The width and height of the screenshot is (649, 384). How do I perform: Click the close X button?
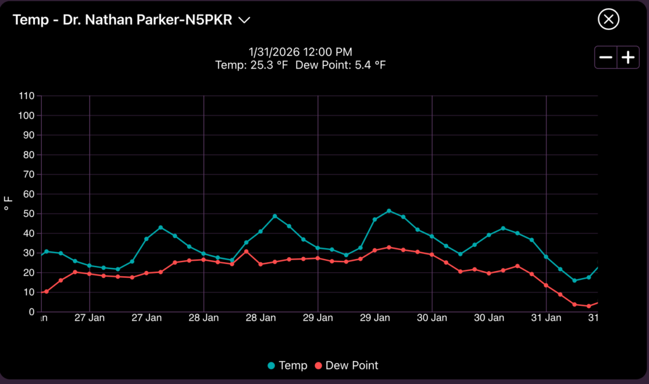pyautogui.click(x=608, y=20)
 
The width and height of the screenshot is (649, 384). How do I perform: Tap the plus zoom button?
pyautogui.click(x=628, y=58)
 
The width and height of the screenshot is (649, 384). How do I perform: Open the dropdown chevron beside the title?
pyautogui.click(x=245, y=20)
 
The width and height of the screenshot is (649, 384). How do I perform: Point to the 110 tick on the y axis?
pyautogui.click(x=25, y=96)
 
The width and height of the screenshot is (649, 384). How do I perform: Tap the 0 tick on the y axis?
pyautogui.click(x=30, y=312)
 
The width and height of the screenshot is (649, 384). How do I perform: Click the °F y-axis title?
pyautogui.click(x=8, y=204)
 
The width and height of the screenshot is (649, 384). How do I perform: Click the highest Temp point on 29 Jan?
pyautogui.click(x=389, y=211)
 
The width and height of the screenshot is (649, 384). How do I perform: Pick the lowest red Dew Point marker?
pyautogui.click(x=589, y=306)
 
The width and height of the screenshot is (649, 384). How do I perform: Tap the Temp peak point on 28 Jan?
pyautogui.click(x=275, y=216)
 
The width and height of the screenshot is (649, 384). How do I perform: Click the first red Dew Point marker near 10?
pyautogui.click(x=46, y=291)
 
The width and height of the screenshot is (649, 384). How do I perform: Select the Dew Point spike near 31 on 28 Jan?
pyautogui.click(x=247, y=251)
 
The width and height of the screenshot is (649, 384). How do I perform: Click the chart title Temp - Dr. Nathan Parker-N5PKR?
pyautogui.click(x=123, y=20)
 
